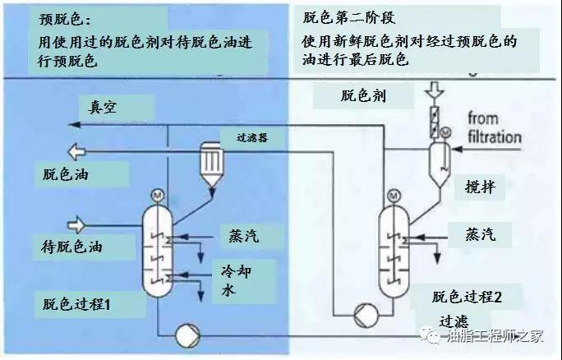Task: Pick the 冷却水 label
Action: pyautogui.click(x=236, y=279)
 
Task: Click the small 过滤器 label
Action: pyautogui.click(x=251, y=139)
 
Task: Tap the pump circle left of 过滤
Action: pyautogui.click(x=362, y=314)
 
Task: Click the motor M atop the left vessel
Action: pyautogui.click(x=157, y=196)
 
